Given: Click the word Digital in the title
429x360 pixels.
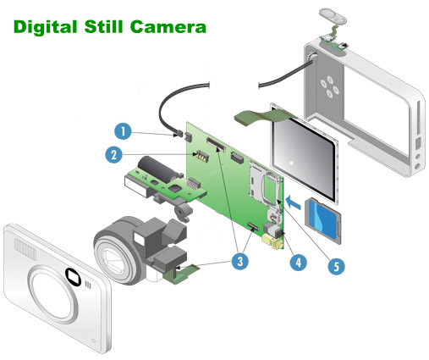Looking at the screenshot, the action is [x=45, y=27].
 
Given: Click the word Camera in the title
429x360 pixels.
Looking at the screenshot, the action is [x=168, y=27].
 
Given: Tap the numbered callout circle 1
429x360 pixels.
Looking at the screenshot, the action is [x=123, y=131].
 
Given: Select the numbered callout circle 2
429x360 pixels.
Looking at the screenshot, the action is [x=114, y=154].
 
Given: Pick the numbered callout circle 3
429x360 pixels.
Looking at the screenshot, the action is [x=240, y=261].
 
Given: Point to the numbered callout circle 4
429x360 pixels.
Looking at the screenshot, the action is [x=299, y=263].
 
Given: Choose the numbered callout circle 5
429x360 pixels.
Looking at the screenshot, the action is [x=336, y=266].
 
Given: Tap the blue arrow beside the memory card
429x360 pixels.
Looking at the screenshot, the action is [x=293, y=203].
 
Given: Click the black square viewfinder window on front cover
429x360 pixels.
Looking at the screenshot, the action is [x=73, y=276].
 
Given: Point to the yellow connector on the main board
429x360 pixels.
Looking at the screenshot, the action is [x=272, y=241].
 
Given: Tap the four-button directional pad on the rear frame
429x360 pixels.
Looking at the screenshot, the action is [x=329, y=86].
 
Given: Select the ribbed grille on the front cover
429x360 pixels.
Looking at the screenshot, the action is [x=25, y=248].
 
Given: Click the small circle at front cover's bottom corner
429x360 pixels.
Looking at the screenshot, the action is [x=94, y=341].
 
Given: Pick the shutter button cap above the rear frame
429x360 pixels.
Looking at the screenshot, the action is [x=333, y=15].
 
